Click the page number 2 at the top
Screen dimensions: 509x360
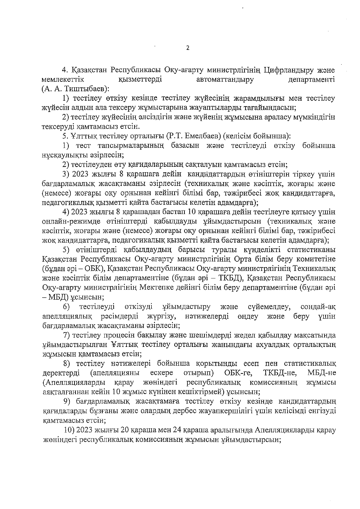(188, 48)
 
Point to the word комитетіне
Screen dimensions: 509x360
(314, 259)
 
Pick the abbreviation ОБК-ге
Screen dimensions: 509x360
(238, 373)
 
